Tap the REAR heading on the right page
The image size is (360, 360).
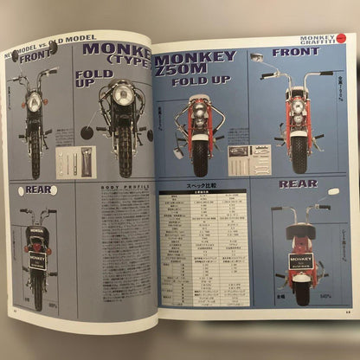point(298,183)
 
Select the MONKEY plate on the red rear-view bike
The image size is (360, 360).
point(302,260)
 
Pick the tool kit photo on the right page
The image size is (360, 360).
point(248,157)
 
